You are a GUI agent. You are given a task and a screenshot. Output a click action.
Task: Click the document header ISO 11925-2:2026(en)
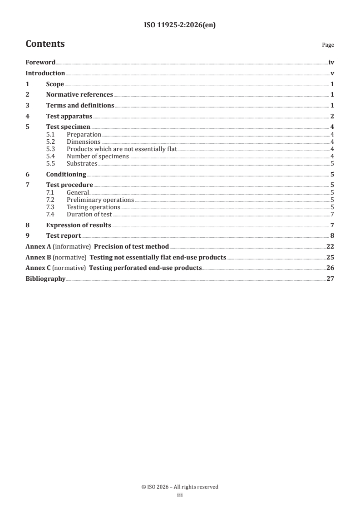180,25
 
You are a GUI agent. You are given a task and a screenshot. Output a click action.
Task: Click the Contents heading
45,44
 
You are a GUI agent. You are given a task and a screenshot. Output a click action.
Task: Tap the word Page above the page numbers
328,45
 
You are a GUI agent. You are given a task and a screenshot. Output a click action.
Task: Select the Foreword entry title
40,63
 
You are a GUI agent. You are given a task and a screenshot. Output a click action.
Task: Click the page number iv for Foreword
331,63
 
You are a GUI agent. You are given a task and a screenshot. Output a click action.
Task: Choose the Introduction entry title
45,73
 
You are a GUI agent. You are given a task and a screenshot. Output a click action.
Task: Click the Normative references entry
79,95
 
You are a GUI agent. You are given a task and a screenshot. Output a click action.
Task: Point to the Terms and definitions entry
80,106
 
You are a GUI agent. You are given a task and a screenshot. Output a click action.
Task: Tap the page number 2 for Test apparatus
332,117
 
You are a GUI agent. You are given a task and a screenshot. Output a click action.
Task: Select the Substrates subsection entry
82,164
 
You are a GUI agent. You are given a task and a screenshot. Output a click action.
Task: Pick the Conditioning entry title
66,174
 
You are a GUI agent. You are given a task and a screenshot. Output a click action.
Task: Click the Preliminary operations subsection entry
100,200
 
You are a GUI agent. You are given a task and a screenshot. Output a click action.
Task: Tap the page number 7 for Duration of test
332,215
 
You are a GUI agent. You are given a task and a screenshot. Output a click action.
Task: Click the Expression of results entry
79,225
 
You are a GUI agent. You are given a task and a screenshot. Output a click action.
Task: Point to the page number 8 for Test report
332,236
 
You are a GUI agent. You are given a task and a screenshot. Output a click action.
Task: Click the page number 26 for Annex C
330,268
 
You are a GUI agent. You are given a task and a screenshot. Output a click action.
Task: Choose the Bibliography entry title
45,279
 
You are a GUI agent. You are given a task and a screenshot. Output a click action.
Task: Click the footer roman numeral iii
180,496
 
